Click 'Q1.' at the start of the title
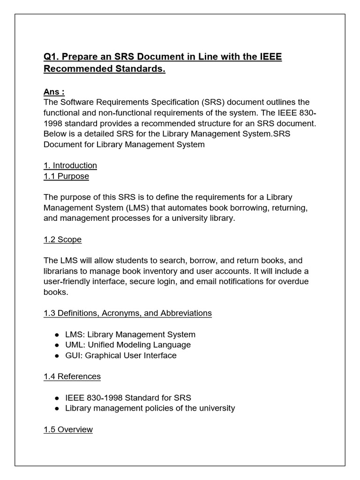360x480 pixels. click(51, 57)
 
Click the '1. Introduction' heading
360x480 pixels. click(70, 165)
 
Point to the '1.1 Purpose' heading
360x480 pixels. click(66, 176)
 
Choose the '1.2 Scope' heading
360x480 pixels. click(62, 240)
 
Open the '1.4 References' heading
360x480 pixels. click(72, 376)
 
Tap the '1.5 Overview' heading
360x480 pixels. click(68, 429)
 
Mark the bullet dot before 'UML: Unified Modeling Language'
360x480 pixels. click(57, 345)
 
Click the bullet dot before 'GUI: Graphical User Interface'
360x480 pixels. click(57, 356)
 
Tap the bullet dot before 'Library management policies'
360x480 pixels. click(57, 408)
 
